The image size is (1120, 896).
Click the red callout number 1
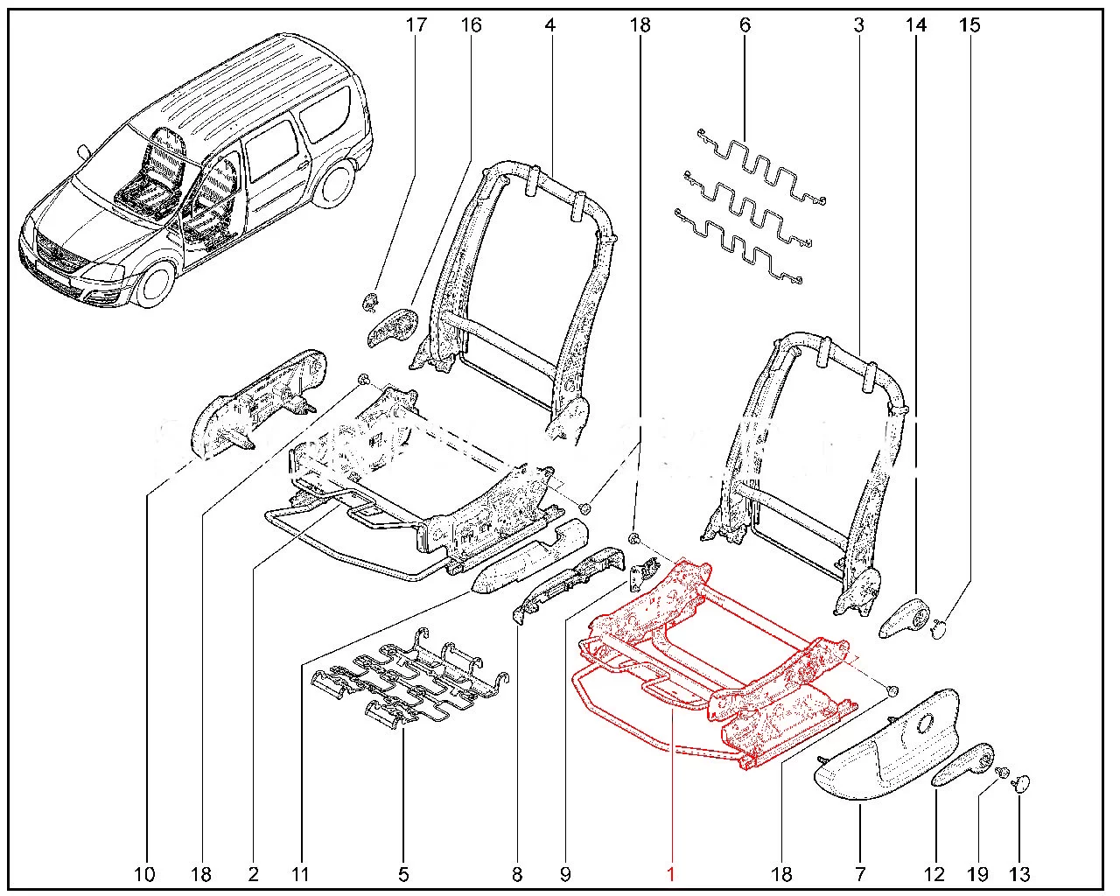(670, 872)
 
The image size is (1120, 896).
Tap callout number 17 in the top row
(416, 24)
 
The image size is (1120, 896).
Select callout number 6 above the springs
(745, 24)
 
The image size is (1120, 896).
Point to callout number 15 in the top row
(969, 24)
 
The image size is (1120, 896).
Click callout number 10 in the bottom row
(144, 872)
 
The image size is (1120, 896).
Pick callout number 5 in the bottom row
(403, 872)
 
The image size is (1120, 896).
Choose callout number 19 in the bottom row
(977, 872)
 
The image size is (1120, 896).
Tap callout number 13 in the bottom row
(1020, 872)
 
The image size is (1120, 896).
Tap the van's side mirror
(83, 151)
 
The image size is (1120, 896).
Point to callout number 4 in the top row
(549, 24)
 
